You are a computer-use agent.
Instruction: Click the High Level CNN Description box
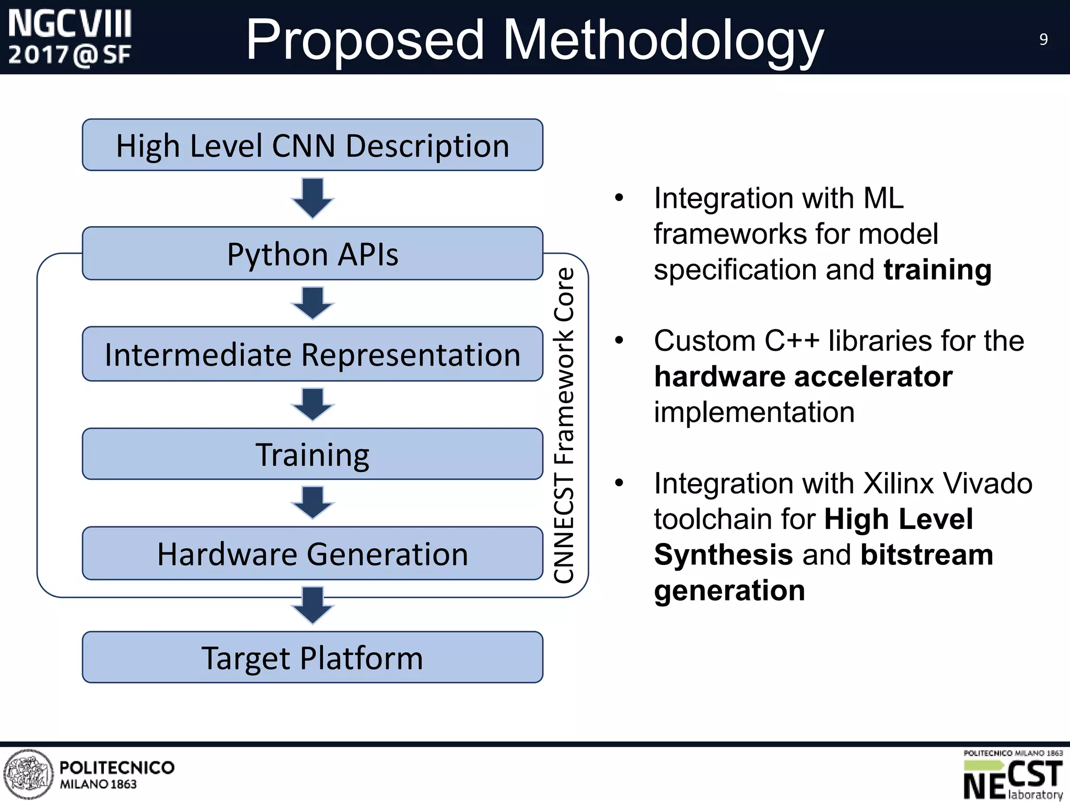(312, 145)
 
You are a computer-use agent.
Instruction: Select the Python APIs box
(312, 254)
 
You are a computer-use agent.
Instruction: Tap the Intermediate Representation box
(312, 355)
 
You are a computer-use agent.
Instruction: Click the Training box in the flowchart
(312, 454)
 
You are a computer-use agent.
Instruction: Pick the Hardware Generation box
(312, 553)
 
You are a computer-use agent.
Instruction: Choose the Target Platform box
(312, 657)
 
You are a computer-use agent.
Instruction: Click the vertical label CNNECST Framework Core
(564, 426)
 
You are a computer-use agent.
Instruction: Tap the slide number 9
(1043, 40)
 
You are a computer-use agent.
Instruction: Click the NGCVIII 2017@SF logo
(70, 38)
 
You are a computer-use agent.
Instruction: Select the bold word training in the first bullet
(937, 270)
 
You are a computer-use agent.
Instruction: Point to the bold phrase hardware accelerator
(803, 376)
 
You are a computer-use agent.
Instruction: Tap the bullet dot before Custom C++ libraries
(619, 341)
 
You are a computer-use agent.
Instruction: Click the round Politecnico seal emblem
(28, 774)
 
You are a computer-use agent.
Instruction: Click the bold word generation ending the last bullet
(729, 591)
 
